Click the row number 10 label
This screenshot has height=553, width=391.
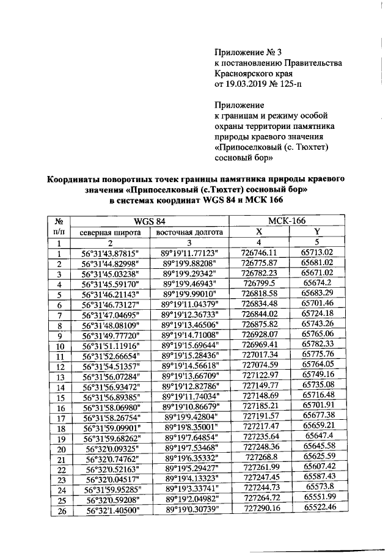[x=60, y=346]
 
